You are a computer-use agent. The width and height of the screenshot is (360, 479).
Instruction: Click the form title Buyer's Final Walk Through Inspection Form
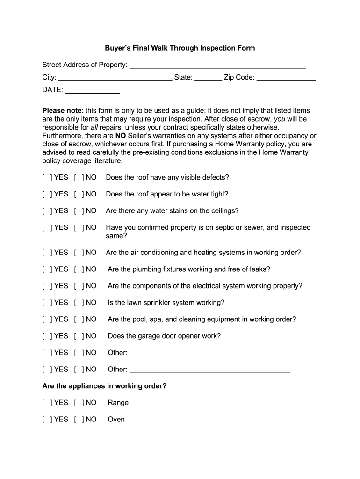pyautogui.click(x=180, y=48)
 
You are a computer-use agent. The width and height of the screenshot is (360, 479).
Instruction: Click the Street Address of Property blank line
pyautogui.click(x=217, y=65)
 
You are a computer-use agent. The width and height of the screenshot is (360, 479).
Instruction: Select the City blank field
pyautogui.click(x=115, y=78)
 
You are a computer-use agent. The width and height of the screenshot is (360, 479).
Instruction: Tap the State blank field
pyautogui.click(x=208, y=78)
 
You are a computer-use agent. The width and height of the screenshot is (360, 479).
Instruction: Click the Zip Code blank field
pyautogui.click(x=286, y=78)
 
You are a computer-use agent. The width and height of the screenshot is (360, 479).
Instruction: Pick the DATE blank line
pyautogui.click(x=92, y=90)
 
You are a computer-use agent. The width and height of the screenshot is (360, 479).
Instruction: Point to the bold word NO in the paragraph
pyautogui.click(x=120, y=136)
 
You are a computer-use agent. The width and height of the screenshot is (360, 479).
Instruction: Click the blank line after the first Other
pyautogui.click(x=209, y=353)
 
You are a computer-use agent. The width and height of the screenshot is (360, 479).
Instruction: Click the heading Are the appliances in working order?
pyautogui.click(x=104, y=386)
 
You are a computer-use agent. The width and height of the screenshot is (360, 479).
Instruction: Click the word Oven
pyautogui.click(x=116, y=420)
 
